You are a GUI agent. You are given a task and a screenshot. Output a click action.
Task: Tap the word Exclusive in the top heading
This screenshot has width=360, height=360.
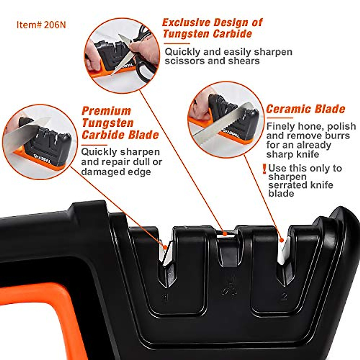coord(186,23)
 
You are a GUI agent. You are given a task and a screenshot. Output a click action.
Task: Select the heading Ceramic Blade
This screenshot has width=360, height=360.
coord(305,109)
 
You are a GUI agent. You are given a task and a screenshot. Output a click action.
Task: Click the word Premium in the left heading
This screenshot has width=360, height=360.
coord(106,111)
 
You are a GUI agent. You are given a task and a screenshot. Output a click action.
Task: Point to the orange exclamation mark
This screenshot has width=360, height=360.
coord(264,169)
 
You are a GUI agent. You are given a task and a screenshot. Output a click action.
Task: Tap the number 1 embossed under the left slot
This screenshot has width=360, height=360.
coord(165,297)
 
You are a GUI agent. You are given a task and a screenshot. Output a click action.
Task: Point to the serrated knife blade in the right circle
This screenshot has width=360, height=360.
coord(222,126)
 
